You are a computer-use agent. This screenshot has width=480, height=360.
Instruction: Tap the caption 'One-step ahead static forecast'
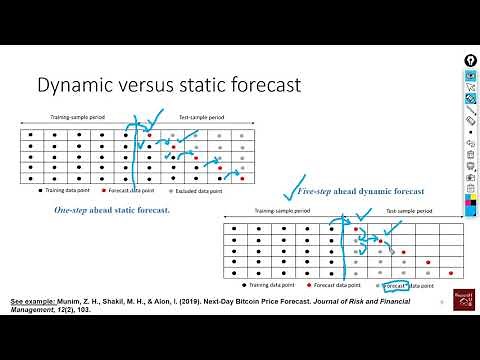point(112,210)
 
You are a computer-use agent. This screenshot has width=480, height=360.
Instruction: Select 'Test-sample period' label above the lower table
point(411,212)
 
